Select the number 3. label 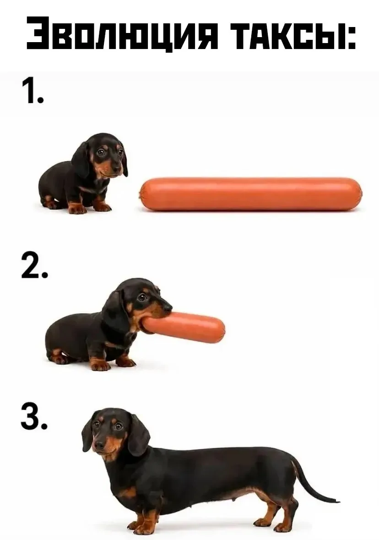click(x=34, y=417)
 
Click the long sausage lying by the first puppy click(x=250, y=194)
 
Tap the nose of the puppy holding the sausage click(x=168, y=306)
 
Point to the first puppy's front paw click(x=77, y=208)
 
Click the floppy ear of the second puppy click(x=115, y=309)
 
